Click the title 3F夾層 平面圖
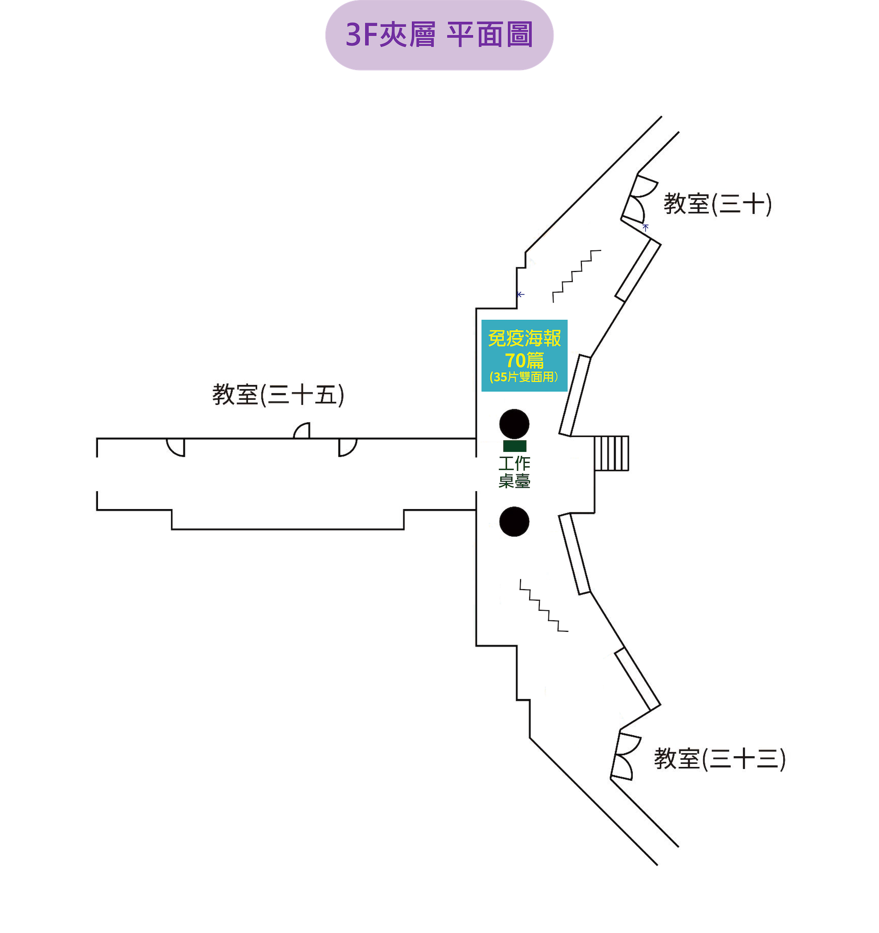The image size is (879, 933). point(439,35)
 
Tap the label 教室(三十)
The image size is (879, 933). point(717,205)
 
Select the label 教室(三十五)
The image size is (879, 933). point(278,395)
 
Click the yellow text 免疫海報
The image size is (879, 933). point(524,338)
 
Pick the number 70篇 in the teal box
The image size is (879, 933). point(524,360)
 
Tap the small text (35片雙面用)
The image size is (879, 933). point(524,377)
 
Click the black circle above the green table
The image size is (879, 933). point(515,424)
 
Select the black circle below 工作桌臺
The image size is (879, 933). point(515,521)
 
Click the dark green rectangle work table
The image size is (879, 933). point(515,446)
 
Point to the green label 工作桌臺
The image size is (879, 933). point(515,472)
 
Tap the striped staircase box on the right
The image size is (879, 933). point(612,453)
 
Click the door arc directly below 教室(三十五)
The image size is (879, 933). point(302,431)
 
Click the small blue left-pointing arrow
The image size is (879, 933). point(520,294)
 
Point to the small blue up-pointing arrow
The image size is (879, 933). point(646,228)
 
